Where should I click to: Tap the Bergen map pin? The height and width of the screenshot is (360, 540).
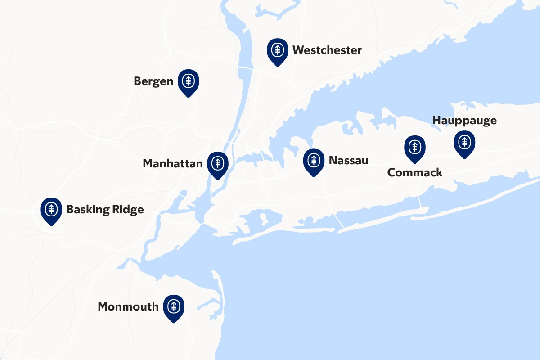click(189, 82)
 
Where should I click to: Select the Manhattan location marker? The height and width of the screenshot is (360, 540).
click(218, 164)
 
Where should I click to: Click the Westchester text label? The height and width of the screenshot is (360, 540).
click(327, 50)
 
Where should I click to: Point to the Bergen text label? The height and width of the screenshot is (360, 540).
click(153, 81)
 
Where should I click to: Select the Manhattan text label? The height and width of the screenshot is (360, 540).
click(173, 164)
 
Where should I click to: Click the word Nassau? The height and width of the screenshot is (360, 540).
click(348, 160)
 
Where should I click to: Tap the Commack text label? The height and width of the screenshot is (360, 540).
click(415, 172)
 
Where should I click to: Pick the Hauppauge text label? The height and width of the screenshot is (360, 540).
click(464, 121)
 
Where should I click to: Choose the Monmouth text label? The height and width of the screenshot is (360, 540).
click(128, 307)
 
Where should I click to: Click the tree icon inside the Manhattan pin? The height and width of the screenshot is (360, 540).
click(218, 162)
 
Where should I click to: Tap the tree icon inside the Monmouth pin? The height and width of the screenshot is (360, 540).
click(174, 306)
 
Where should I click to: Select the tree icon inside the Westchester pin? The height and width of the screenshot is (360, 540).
click(278, 49)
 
